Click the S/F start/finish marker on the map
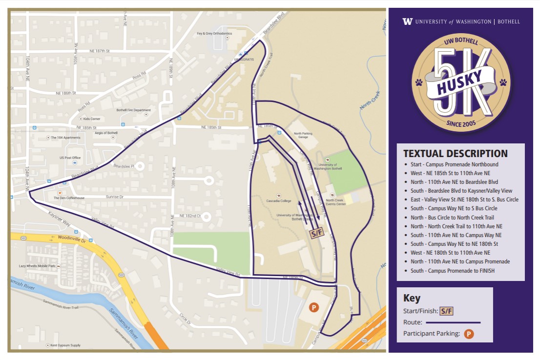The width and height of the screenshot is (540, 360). point(317,233)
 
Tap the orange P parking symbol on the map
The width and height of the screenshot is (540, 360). point(314,307)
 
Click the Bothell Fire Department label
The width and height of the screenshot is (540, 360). point(133,110)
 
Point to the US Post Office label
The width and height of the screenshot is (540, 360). point(69,158)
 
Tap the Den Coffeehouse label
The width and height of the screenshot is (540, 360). point(69,198)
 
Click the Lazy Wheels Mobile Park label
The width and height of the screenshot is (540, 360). point(37,266)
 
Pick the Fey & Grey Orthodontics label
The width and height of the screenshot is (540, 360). point(214,34)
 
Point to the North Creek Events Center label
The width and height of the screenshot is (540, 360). point(336,202)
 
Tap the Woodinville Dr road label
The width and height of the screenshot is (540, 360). point(72,240)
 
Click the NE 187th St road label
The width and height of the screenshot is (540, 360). point(100,51)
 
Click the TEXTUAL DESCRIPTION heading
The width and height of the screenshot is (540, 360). point(455,154)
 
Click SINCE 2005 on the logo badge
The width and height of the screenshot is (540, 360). point(460,124)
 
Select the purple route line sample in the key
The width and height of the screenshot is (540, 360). point(453,322)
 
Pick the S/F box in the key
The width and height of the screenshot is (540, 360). point(446,311)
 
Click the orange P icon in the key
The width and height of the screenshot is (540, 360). point(469,334)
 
